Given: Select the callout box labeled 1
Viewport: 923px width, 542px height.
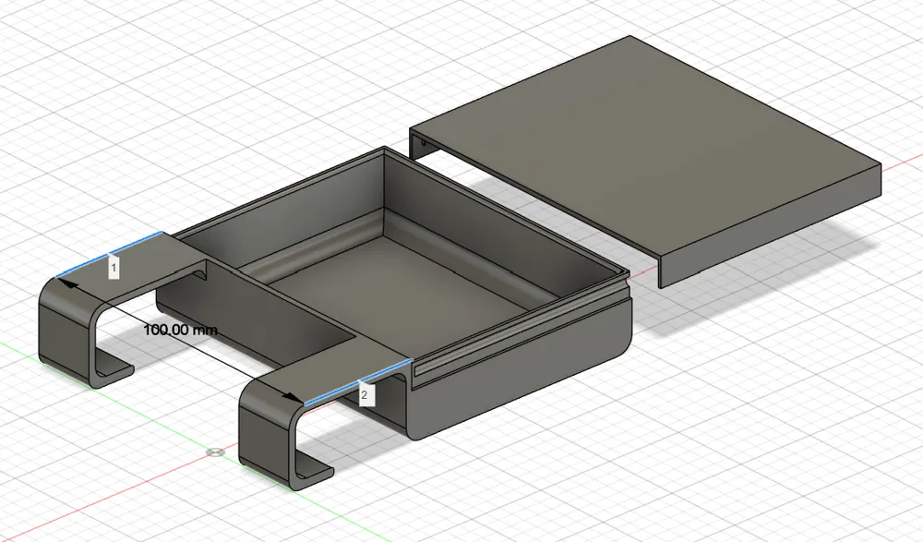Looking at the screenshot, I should tap(114, 268).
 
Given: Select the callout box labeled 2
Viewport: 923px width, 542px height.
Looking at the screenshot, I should tap(365, 395).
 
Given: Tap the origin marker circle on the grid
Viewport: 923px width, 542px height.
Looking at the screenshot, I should tap(215, 452).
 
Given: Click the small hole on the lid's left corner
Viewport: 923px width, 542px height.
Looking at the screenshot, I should tap(423, 143).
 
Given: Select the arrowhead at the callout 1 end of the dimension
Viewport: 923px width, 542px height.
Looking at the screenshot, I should tap(67, 284).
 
